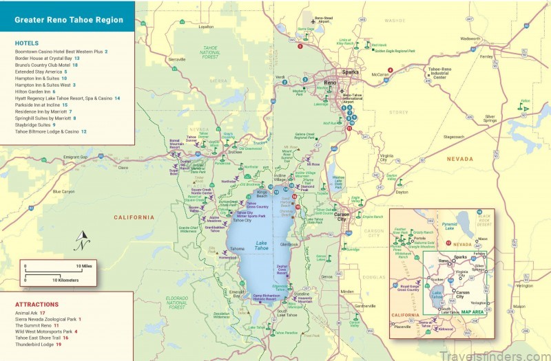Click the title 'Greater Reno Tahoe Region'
[x=69, y=20]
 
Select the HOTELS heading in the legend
[x=28, y=43]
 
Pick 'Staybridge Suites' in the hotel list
[x=34, y=124]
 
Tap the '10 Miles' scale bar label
[x=84, y=265]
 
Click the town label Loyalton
[x=207, y=27]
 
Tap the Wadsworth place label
[x=470, y=39]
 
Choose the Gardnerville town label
[x=365, y=306]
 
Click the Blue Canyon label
[x=63, y=191]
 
